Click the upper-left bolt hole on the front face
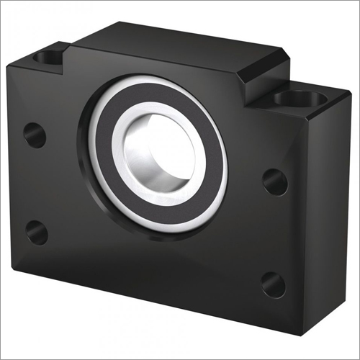coord(35,135)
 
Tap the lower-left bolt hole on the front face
coord(36,232)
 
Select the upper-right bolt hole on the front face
coord(274,181)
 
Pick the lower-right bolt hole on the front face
coord(273,282)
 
